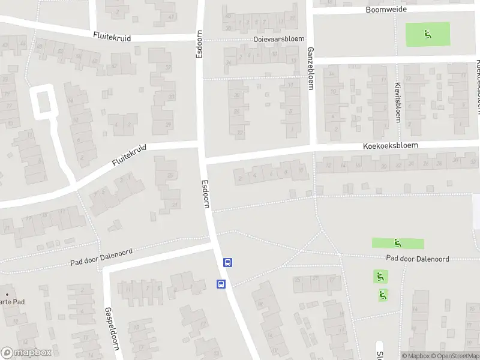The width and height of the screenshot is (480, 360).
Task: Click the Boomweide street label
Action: click(386, 10)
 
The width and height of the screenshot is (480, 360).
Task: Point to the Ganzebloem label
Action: click(311, 68)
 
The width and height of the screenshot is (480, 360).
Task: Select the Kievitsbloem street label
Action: click(397, 102)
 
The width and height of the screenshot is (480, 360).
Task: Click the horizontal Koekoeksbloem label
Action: click(389, 146)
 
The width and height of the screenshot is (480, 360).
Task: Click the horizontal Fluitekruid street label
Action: click(112, 37)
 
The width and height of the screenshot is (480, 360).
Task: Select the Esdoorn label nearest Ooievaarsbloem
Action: click(200, 44)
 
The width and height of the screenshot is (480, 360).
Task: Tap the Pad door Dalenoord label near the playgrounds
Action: click(418, 259)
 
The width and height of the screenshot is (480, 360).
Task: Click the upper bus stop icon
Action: click(227, 262)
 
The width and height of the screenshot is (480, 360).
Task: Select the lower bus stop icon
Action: click(221, 284)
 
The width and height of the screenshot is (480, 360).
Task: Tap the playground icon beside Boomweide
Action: click(427, 34)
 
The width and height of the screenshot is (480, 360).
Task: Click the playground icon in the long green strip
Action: click(397, 244)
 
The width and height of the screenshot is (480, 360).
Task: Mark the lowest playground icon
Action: click(382, 295)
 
